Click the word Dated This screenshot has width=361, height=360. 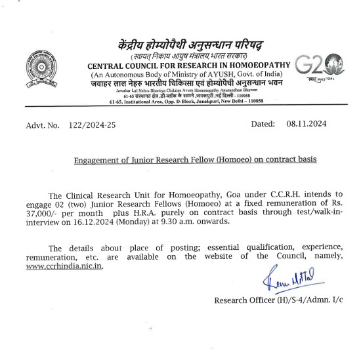tap(265, 124)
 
